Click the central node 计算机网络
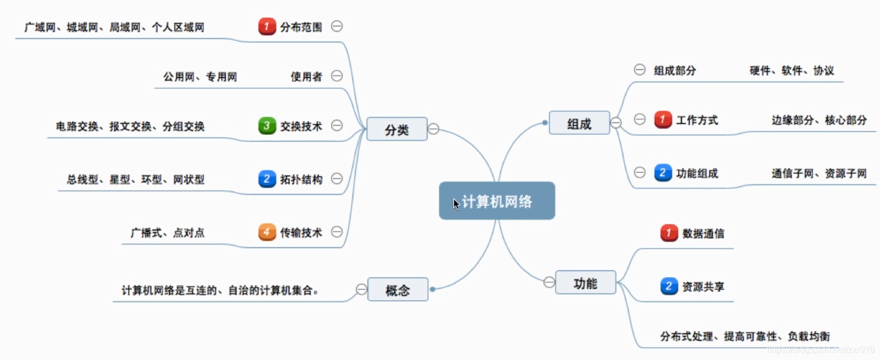point(497,201)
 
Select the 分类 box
point(396,130)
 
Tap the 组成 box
point(579,124)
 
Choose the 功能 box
point(585,283)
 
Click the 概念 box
point(398,290)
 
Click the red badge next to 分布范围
point(267,26)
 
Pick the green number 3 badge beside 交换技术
point(267,126)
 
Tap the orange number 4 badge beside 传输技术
point(267,232)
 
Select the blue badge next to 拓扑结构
point(267,179)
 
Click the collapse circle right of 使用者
point(337,76)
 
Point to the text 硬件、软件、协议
point(791,70)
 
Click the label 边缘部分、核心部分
point(819,120)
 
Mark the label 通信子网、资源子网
point(819,173)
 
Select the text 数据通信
point(703,234)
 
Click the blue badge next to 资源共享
point(669,286)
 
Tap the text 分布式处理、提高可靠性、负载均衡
point(744,337)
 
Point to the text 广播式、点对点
point(167,233)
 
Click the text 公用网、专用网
point(200,77)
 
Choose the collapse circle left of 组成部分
point(640,69)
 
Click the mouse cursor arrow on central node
point(456,204)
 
